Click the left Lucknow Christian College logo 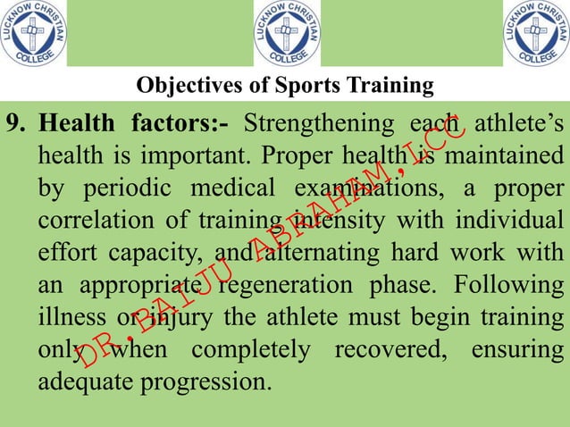33,34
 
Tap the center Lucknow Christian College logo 287,34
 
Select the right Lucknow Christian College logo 536,34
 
